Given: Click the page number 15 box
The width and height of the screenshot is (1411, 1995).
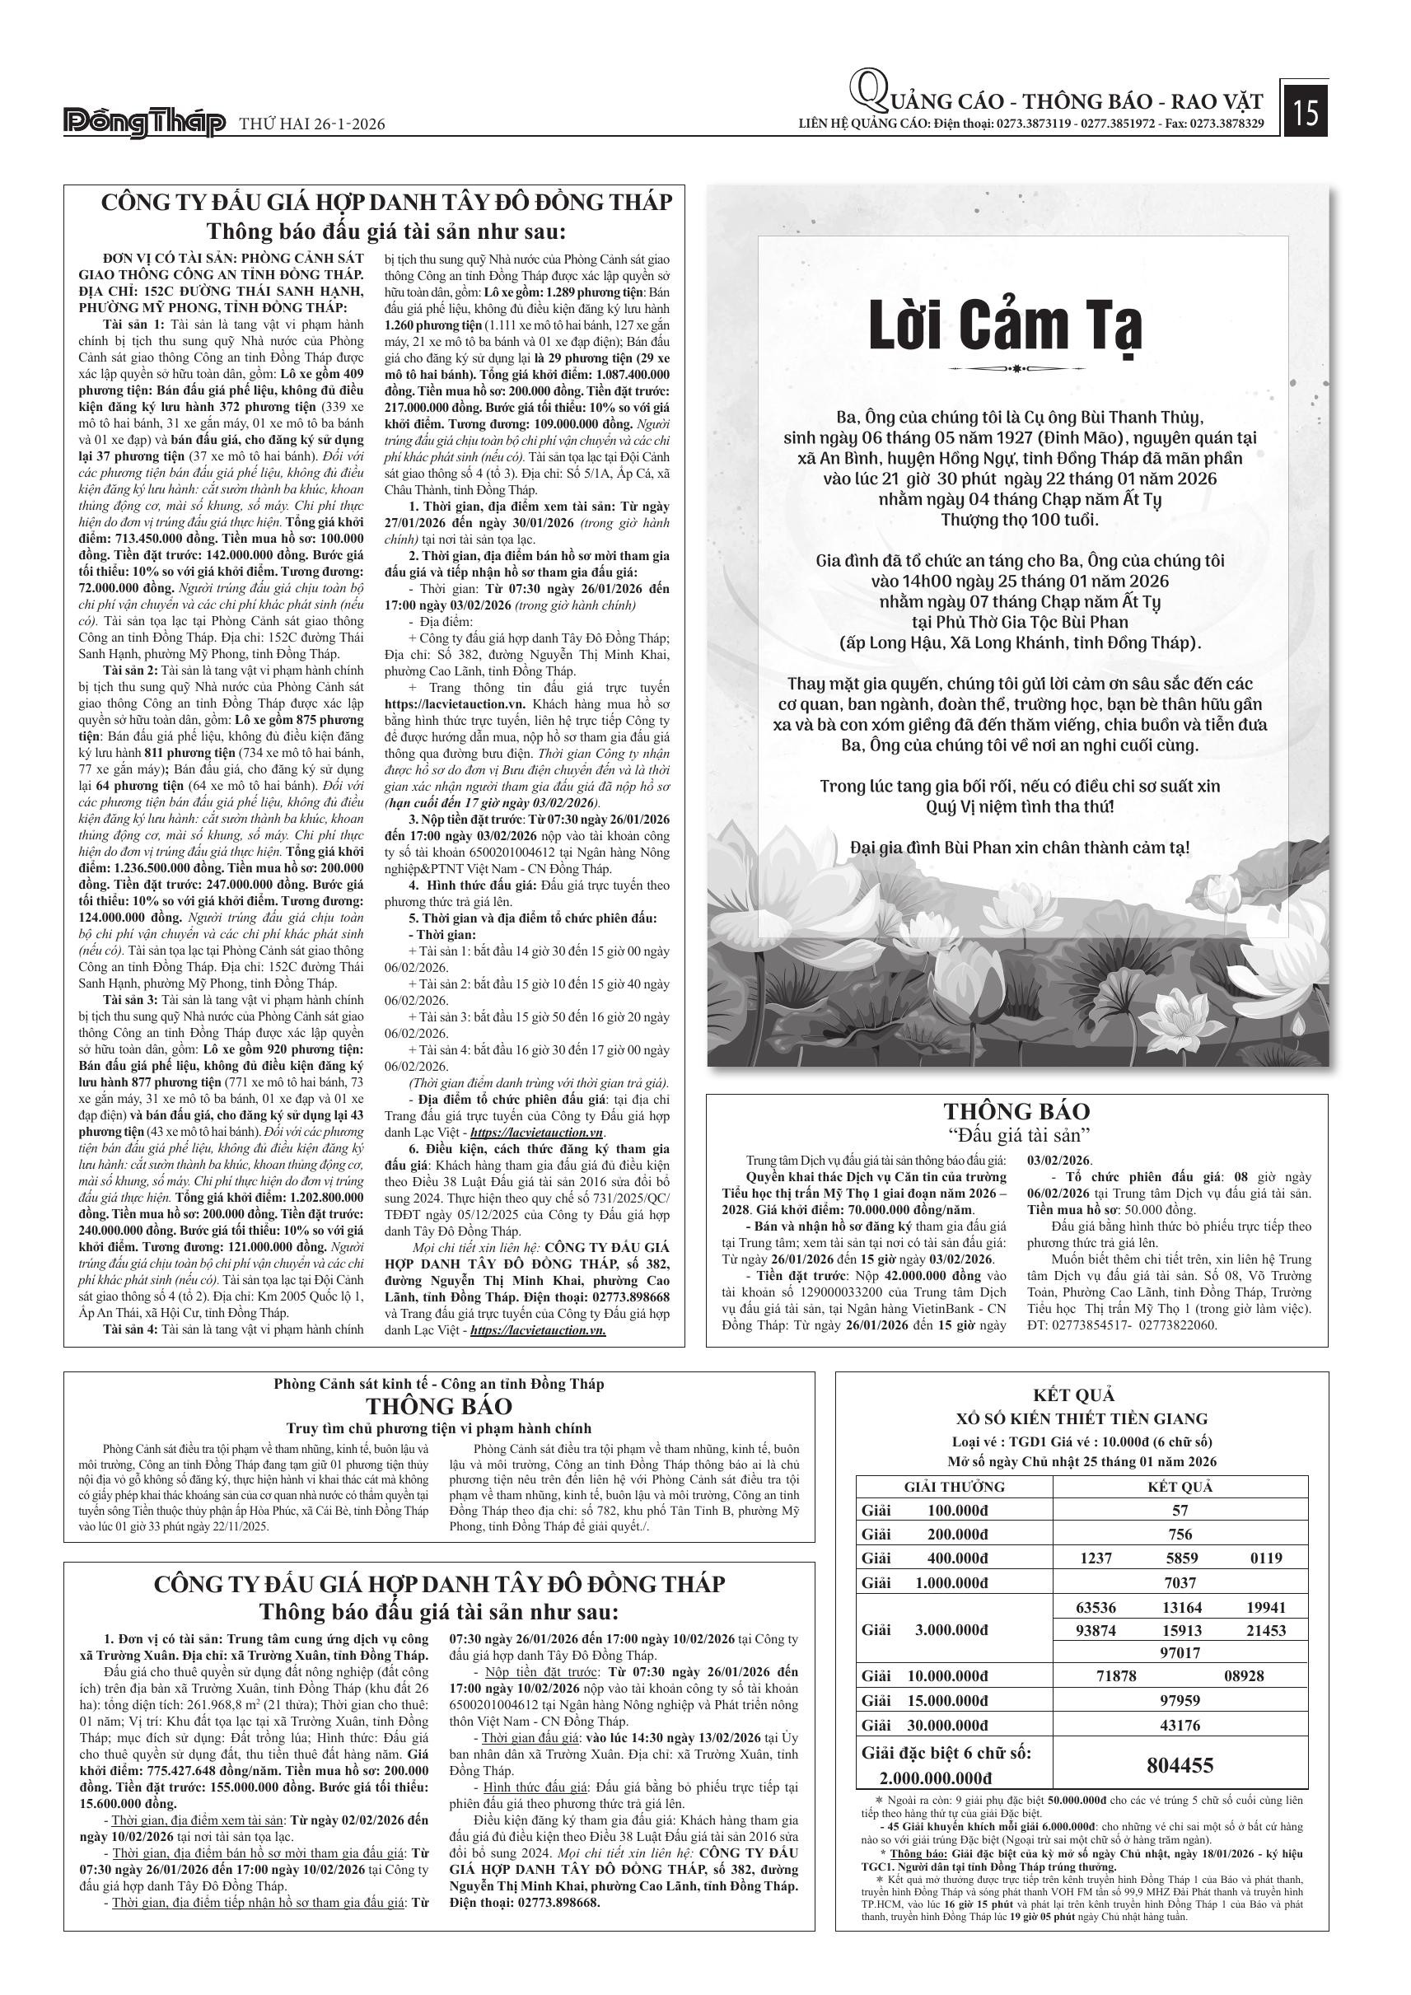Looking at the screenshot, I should point(1305,113).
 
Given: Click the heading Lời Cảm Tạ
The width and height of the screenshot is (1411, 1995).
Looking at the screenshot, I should point(1005,326).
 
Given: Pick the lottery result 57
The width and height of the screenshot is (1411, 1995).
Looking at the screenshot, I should point(1179,1510).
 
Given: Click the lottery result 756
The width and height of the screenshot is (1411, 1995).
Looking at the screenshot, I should point(1179,1535).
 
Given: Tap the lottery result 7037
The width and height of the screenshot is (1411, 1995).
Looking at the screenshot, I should point(1179,1582).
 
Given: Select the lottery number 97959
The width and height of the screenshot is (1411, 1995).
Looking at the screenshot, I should point(1179,1700).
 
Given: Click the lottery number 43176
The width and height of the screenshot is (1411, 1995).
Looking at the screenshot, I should point(1179,1725).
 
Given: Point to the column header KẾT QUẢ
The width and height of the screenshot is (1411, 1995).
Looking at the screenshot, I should point(1179,1487).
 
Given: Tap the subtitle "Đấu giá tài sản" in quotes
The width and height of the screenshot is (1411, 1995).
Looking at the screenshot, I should point(1017,1135).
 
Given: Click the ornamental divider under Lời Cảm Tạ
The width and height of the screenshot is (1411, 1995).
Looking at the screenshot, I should point(1005,368).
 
